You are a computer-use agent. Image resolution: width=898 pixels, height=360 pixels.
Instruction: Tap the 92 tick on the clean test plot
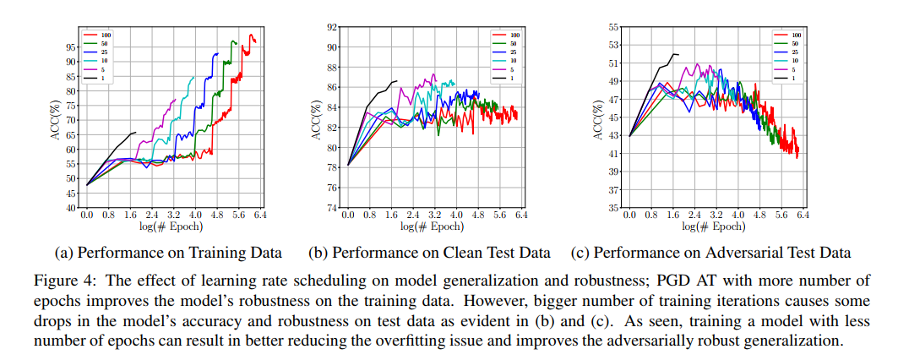point(335,28)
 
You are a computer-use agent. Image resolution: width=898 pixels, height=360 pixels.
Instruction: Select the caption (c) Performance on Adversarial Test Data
point(711,252)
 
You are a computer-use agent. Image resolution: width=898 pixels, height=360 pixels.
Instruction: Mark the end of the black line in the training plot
point(135,132)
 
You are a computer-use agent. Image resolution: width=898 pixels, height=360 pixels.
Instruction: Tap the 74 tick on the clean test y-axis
point(335,207)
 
